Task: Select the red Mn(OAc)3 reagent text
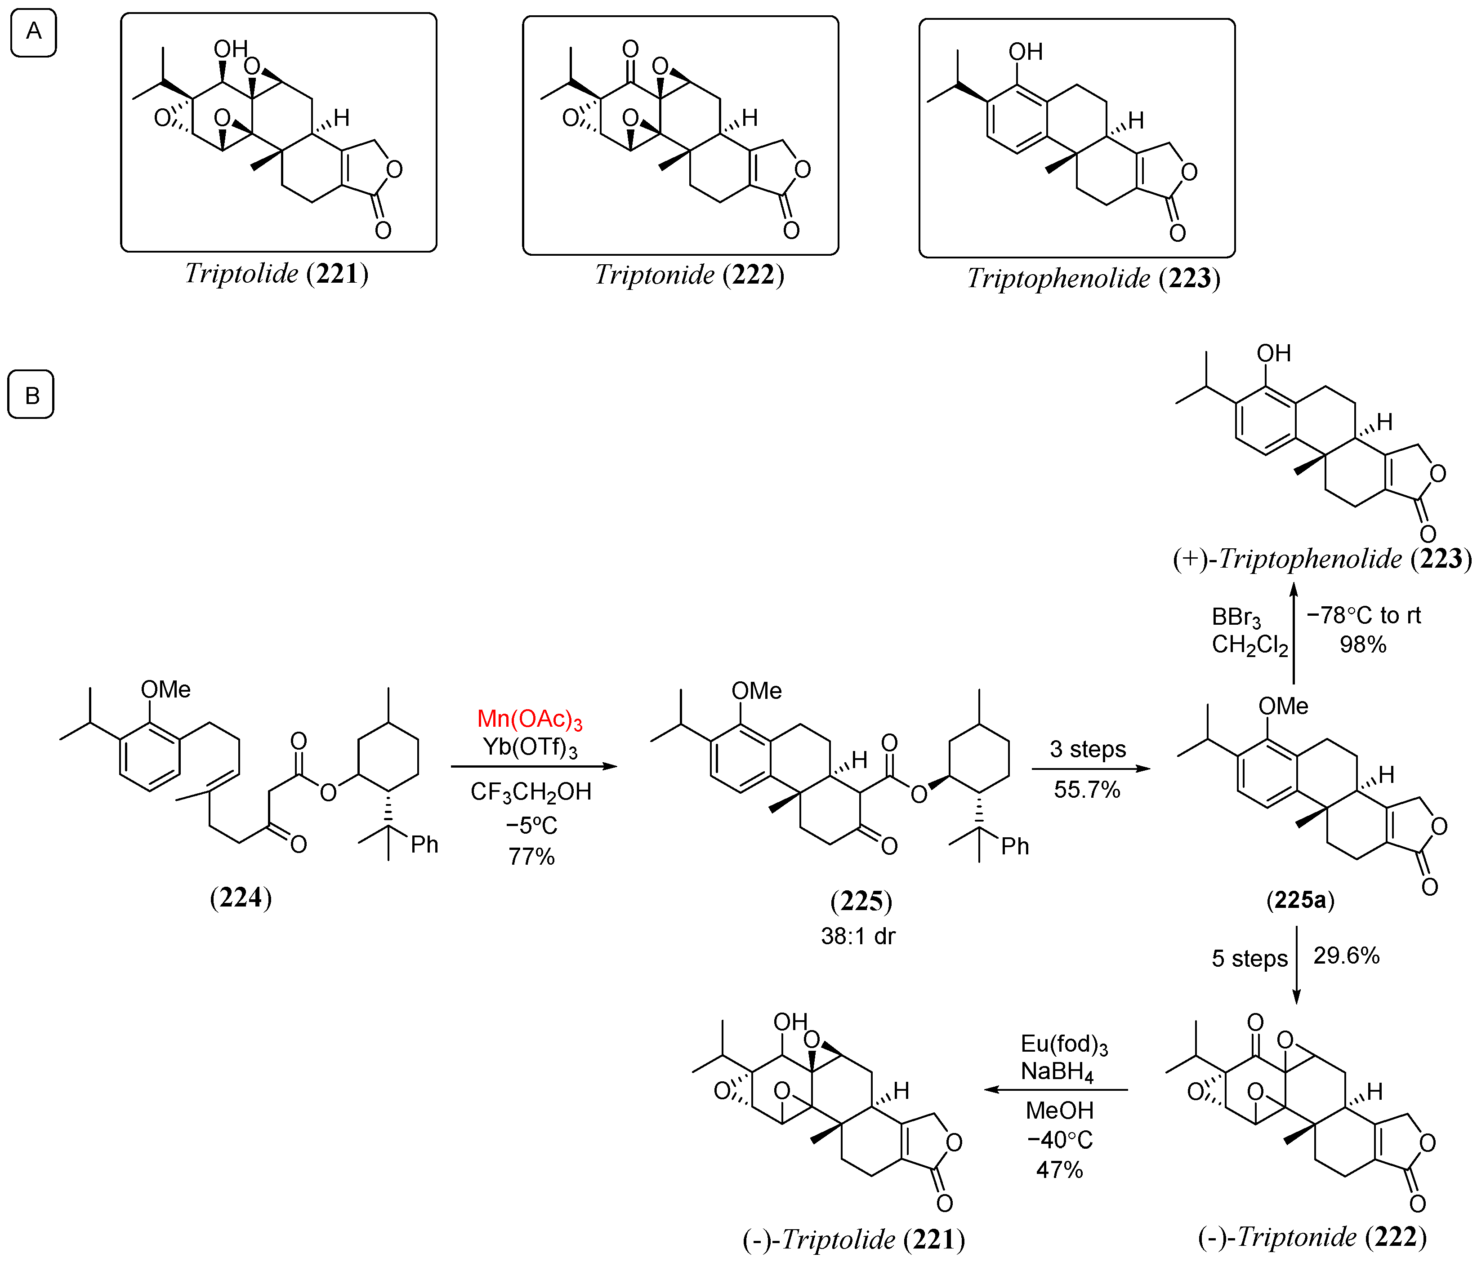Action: [x=530, y=719]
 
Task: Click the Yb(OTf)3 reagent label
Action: [x=530, y=747]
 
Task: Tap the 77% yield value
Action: [x=531, y=856]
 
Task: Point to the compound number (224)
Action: [x=241, y=897]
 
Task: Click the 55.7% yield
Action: [x=1087, y=790]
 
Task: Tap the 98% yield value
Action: [x=1363, y=645]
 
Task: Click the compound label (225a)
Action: [x=1300, y=900]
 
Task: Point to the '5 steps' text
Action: [x=1249, y=959]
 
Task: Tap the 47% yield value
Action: [x=1059, y=1169]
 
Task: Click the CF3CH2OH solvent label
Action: [x=531, y=792]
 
